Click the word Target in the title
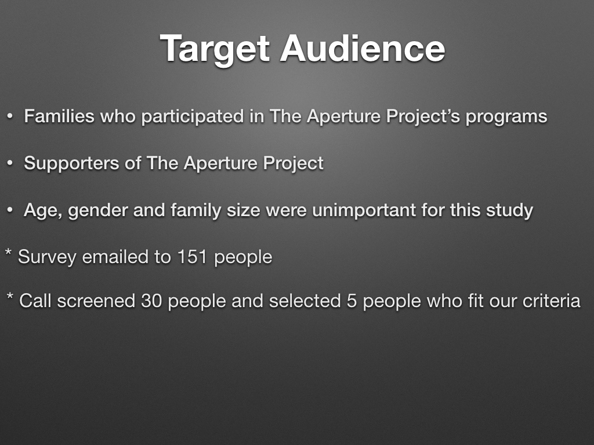[x=215, y=49]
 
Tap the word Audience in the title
[x=363, y=48]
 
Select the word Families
[x=59, y=116]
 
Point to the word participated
[x=193, y=117]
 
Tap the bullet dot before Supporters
[x=10, y=163]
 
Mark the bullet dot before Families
[x=10, y=116]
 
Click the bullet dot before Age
[x=10, y=210]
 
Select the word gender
[x=97, y=211]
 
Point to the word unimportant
[x=364, y=210]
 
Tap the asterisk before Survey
[x=8, y=253]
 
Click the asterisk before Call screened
[x=10, y=296]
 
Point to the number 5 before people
[x=352, y=301]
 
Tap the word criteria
[x=551, y=301]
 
